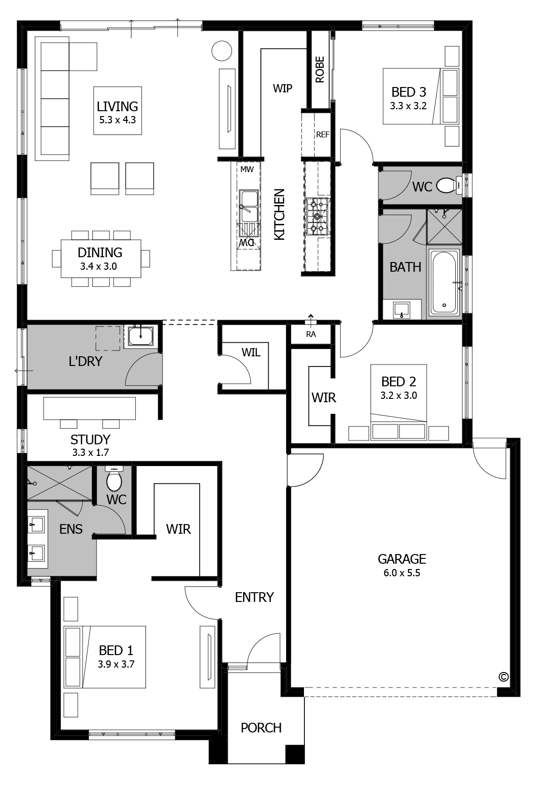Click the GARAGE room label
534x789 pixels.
[402, 559]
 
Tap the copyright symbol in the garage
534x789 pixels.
[503, 677]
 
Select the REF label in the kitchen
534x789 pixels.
[322, 134]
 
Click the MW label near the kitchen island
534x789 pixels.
[247, 169]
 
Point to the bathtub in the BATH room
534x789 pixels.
[444, 281]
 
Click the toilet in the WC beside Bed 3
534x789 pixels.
[447, 185]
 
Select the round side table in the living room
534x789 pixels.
[222, 51]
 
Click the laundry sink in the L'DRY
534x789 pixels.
[141, 335]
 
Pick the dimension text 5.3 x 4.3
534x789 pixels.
[117, 118]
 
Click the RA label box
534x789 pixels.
[311, 334]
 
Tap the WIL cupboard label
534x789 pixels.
[251, 352]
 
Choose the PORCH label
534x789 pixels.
[261, 728]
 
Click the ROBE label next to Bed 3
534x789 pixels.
[319, 70]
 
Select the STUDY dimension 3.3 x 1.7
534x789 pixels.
[90, 453]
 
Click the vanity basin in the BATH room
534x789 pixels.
[402, 309]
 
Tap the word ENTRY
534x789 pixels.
[254, 597]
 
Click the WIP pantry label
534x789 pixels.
[282, 88]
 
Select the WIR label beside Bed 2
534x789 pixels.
[324, 397]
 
